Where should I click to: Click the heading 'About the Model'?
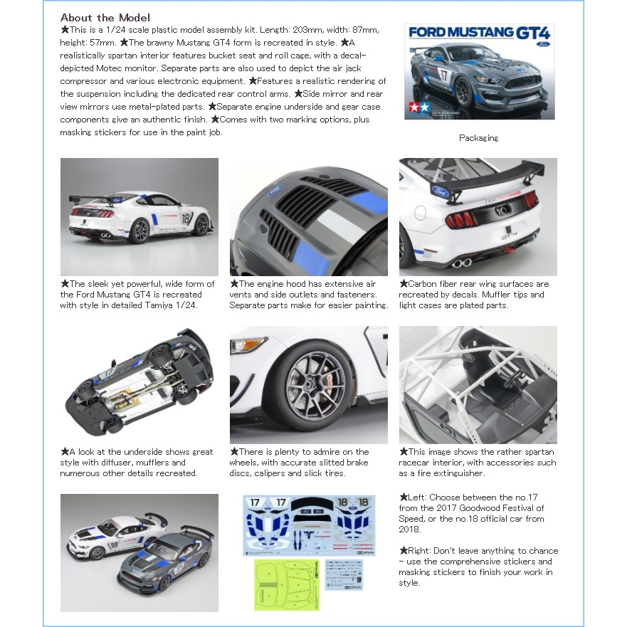click(105, 17)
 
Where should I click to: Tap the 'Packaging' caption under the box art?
click(478, 138)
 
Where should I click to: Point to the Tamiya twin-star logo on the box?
click(417, 108)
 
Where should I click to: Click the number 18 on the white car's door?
click(186, 218)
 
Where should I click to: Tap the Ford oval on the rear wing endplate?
click(438, 191)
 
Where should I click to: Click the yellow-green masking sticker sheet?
click(285, 584)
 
